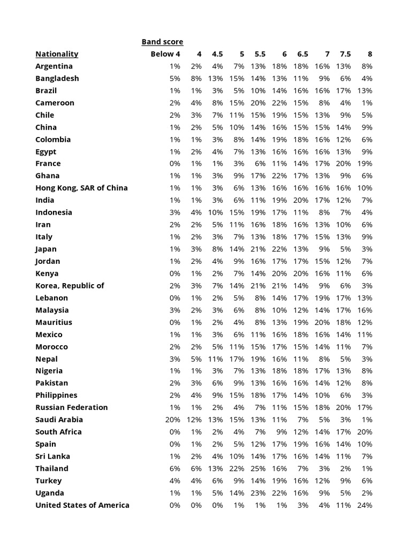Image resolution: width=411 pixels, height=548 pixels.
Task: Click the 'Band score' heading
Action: click(162, 42)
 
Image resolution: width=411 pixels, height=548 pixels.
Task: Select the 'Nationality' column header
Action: click(57, 54)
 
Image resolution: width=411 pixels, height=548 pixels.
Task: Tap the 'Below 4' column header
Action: click(165, 54)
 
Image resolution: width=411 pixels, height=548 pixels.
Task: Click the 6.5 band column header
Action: click(302, 54)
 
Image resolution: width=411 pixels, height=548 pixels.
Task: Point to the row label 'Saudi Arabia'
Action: click(59, 420)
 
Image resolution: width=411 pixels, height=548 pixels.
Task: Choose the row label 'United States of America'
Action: click(82, 505)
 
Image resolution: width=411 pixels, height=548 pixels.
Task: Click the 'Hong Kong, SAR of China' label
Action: click(81, 188)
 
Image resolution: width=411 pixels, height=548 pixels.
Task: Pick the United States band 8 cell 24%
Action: click(364, 505)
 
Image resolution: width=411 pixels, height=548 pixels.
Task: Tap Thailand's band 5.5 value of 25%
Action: click(257, 468)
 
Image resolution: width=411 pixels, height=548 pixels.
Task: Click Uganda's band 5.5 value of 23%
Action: click(257, 493)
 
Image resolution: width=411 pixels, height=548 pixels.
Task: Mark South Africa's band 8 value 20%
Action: click(364, 432)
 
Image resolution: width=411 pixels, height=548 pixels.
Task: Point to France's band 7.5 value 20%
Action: click(343, 164)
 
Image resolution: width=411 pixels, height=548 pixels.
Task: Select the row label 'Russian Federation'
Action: click(72, 407)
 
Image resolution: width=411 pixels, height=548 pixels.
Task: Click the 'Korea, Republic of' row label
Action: click(70, 286)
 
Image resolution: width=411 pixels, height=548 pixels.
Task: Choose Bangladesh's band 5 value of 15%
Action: click(236, 78)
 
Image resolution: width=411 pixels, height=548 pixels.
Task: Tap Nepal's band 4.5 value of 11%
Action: click(215, 359)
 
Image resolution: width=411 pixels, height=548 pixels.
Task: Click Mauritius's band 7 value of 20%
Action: click(322, 322)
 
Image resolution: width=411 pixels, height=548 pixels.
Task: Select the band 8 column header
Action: click(370, 54)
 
